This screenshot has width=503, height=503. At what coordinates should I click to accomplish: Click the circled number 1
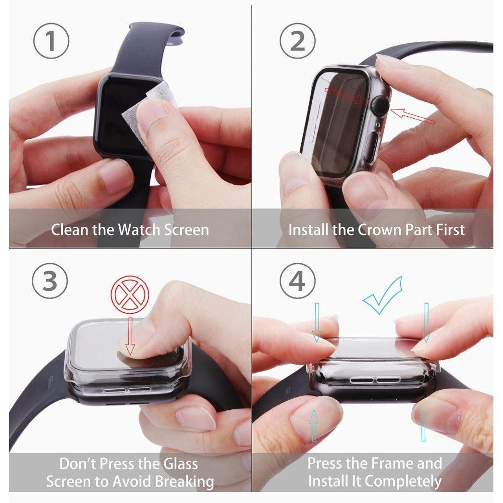coord(51,41)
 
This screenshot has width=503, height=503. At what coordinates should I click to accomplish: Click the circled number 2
coord(298,41)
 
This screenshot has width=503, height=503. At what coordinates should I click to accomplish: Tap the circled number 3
coord(50,281)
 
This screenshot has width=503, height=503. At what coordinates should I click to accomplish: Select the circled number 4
coord(297,281)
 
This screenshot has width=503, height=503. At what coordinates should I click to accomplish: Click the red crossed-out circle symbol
coord(130,294)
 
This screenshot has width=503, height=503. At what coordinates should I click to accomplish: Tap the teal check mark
coord(383,294)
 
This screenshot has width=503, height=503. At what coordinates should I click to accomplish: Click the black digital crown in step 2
coord(380,105)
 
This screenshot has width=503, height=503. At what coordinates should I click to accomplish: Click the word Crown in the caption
coord(378,230)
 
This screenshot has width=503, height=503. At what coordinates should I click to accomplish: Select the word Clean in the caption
coord(70,230)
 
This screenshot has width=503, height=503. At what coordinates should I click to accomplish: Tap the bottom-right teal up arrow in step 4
coord(423,425)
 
